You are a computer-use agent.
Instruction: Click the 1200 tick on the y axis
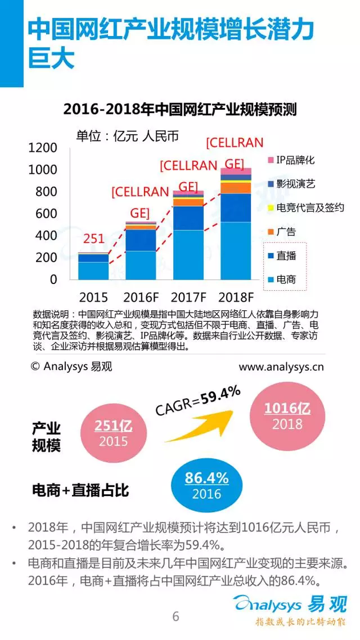coord(43,148)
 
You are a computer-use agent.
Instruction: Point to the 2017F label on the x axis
coord(189,298)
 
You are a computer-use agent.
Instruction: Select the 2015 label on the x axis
coord(93,298)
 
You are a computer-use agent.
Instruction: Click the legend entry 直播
coord(286,256)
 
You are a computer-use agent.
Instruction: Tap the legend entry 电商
coord(286,280)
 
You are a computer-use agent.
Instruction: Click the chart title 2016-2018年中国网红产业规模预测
coord(180,109)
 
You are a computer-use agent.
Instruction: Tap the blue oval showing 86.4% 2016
coord(206,485)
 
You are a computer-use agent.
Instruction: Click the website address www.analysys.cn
coord(281,366)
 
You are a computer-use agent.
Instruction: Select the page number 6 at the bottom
coord(176,616)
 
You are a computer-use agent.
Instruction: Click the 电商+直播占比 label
coord(81,490)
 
